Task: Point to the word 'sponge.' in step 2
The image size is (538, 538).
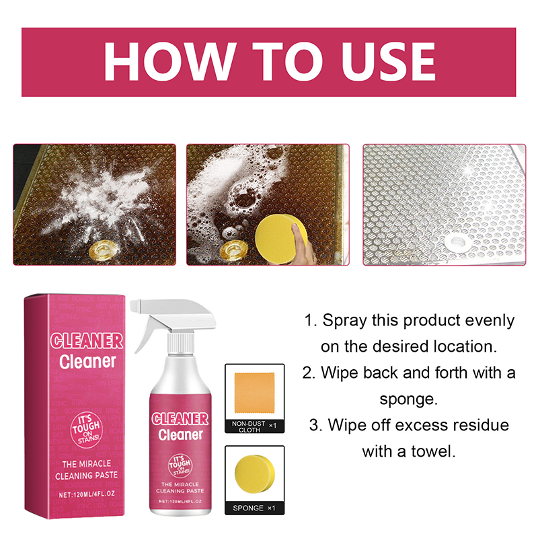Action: tap(409, 399)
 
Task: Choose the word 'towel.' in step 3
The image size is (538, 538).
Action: tap(433, 451)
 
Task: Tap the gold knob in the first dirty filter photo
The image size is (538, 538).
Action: tap(105, 248)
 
